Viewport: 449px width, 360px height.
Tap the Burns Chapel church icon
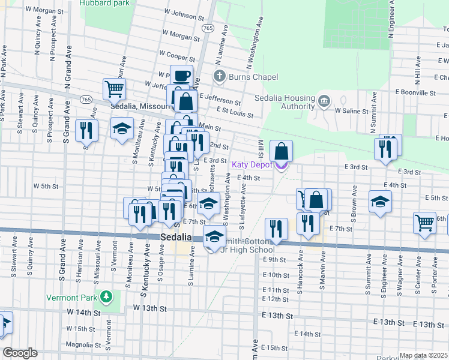coord(220,77)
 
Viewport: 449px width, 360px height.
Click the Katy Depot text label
coord(252,164)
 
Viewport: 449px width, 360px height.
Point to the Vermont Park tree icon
coord(106,296)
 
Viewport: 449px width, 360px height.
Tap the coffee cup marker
coord(182,76)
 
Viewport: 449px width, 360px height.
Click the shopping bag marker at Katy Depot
coord(282,151)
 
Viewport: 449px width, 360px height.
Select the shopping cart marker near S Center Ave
coord(424,223)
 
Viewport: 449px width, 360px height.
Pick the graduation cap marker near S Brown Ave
coord(379,202)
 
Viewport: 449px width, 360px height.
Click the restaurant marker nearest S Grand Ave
coord(87,130)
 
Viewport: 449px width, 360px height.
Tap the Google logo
coord(20,353)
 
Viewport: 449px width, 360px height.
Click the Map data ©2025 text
coord(424,355)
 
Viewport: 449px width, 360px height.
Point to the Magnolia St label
coord(83,345)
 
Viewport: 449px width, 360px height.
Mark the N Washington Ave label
coord(253,42)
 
